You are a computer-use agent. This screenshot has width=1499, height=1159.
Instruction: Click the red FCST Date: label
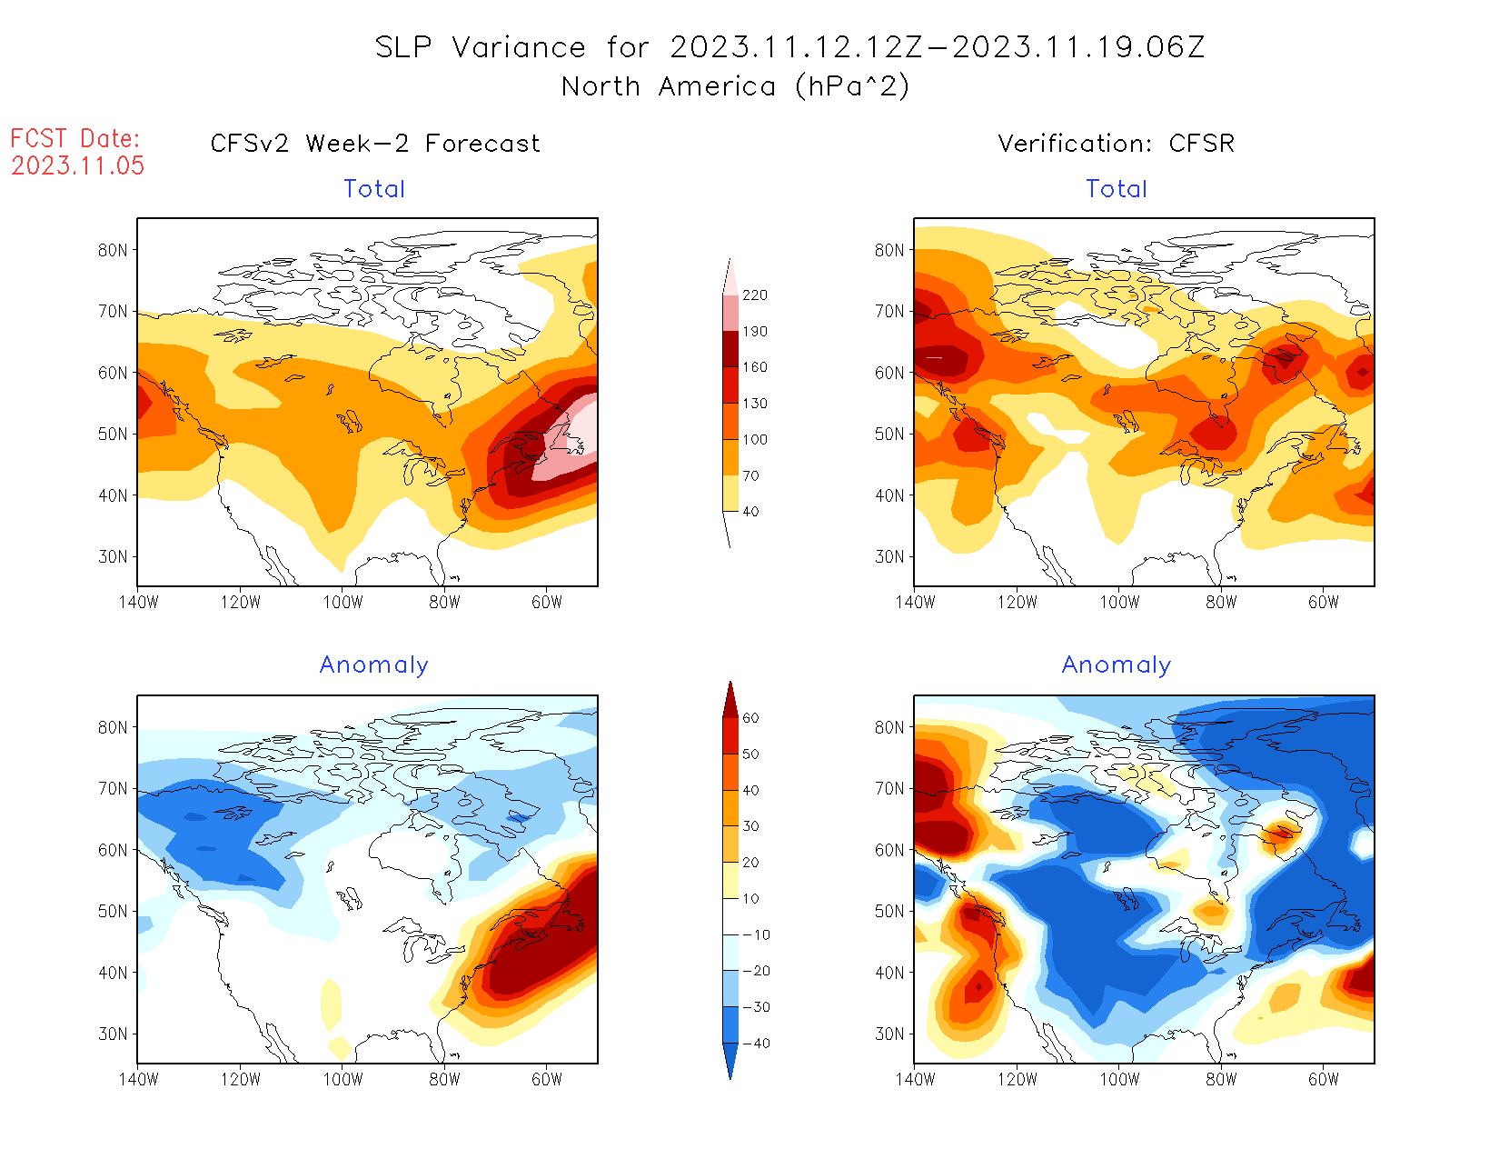tap(74, 138)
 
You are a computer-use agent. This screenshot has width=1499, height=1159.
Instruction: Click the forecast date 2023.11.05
tap(77, 165)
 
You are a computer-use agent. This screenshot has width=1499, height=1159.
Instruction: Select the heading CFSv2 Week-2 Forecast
tap(374, 144)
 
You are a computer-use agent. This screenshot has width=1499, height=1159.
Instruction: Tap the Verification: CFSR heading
tap(1116, 144)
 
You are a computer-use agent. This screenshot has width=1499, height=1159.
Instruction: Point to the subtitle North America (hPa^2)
tap(735, 86)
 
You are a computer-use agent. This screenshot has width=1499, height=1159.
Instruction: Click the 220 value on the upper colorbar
tap(754, 295)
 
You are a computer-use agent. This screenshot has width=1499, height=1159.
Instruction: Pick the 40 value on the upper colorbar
tap(750, 512)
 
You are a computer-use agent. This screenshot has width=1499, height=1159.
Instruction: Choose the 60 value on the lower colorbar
tap(750, 718)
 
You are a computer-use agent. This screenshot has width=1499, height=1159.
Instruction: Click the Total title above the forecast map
tap(374, 189)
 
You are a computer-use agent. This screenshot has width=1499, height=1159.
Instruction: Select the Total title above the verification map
tap(1117, 189)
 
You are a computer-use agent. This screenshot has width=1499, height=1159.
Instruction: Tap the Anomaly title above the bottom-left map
tap(373, 665)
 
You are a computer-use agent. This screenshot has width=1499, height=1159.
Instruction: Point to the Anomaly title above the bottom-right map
tap(1116, 665)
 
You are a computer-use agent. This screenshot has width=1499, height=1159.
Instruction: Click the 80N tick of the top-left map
tap(113, 250)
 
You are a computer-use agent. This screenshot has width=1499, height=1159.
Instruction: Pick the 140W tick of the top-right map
tap(915, 602)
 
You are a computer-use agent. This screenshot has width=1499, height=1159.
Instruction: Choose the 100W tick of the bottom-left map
tap(342, 1079)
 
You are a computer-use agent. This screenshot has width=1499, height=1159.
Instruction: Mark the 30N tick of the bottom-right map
tap(889, 1034)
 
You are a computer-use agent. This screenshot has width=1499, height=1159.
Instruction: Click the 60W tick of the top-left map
tap(547, 602)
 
